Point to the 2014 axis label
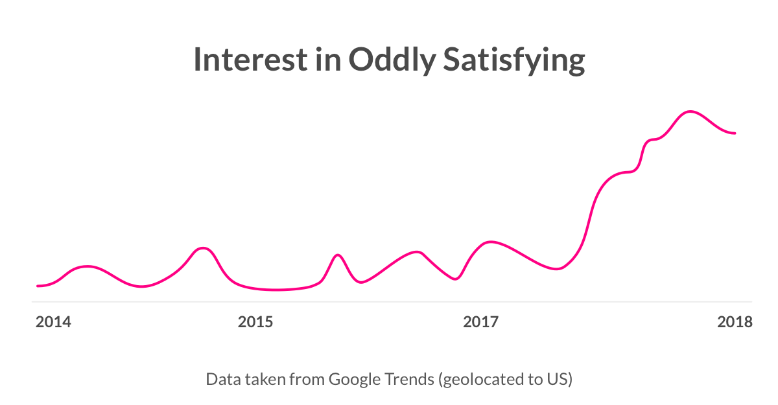(x=53, y=322)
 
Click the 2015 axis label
(x=255, y=322)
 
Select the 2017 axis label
(x=480, y=322)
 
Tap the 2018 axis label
(x=735, y=322)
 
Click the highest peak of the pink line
(x=690, y=111)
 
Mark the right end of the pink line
(x=735, y=133)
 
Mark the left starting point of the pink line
(x=38, y=286)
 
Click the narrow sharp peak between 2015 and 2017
(x=337, y=255)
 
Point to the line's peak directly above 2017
(x=491, y=242)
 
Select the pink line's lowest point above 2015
(x=276, y=290)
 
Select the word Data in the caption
(x=220, y=379)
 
